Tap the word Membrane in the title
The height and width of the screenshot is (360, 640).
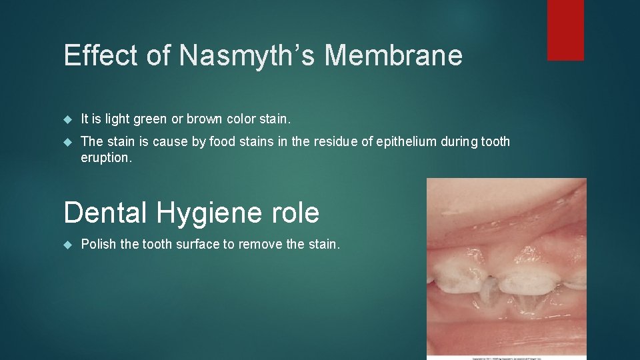[393, 55]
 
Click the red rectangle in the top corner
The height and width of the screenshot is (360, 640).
[565, 30]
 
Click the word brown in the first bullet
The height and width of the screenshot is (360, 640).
[205, 119]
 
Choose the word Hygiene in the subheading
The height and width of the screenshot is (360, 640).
[216, 213]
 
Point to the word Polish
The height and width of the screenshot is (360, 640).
[98, 244]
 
